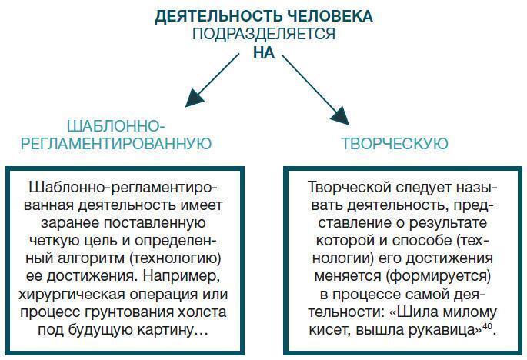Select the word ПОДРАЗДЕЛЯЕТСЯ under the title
click(263, 35)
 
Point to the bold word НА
click(263, 53)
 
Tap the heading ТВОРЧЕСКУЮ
click(394, 144)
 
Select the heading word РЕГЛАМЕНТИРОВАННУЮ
click(115, 144)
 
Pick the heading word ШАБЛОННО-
click(115, 125)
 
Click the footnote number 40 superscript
click(487, 326)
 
